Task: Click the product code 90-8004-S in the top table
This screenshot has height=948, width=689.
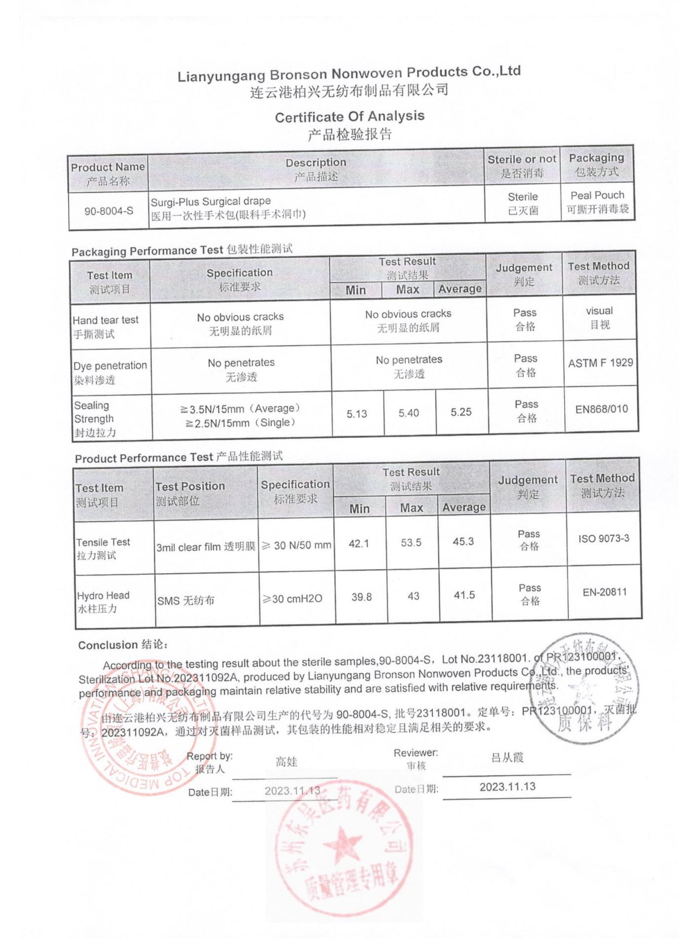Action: pos(109,211)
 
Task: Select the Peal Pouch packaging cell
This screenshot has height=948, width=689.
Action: pos(597,202)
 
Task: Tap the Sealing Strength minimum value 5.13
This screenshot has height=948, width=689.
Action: pos(357,414)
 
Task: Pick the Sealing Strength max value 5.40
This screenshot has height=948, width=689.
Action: pos(409,413)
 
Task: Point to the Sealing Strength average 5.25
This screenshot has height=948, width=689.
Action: pos(461,412)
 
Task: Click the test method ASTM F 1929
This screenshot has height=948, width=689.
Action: pos(600,363)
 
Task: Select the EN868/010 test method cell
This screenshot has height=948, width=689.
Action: pos(601,409)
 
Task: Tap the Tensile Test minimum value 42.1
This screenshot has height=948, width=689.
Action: pos(359,544)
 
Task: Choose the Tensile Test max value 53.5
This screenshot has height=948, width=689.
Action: pos(411,543)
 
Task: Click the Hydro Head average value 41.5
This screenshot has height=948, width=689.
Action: pos(464,595)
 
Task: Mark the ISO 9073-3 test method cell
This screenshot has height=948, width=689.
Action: pos(604,538)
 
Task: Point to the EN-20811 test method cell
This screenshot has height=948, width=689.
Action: pos(605,592)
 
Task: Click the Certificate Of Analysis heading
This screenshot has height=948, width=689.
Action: pos(349,117)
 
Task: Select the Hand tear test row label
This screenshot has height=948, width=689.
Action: pos(106,326)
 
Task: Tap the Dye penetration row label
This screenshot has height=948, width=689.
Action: pos(110,372)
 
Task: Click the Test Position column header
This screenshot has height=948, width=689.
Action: pos(190,493)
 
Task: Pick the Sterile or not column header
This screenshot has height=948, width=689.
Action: pos(522,166)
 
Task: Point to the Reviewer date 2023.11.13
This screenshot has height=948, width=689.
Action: pos(507,787)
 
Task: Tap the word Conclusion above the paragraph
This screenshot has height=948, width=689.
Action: pos(108,645)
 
